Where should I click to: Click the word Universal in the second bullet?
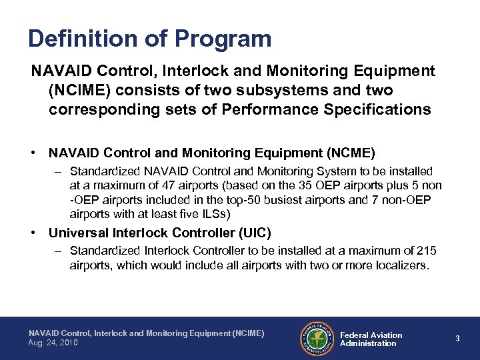click(77, 233)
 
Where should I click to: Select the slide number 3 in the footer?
click(457, 339)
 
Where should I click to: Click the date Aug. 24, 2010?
click(53, 343)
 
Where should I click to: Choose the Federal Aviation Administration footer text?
click(371, 339)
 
